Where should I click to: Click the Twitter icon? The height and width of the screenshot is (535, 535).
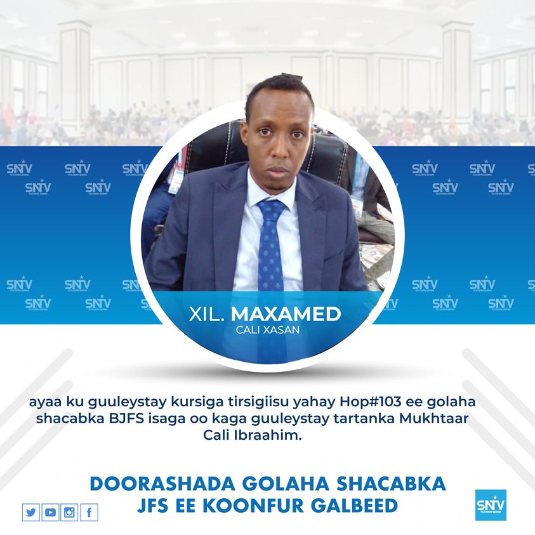click(30, 512)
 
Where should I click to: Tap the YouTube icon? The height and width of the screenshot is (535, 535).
click(50, 512)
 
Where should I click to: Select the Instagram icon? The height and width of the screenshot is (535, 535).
click(69, 512)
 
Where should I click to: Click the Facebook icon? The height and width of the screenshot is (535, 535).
click(89, 512)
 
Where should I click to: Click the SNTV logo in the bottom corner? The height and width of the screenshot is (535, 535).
click(491, 505)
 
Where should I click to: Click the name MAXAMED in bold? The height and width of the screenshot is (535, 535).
click(286, 314)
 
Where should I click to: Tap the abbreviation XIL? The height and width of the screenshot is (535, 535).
click(206, 314)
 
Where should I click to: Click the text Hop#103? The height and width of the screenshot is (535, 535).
click(370, 402)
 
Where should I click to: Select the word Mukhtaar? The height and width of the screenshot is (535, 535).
click(433, 418)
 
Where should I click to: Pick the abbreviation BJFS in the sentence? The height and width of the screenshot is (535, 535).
click(126, 418)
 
